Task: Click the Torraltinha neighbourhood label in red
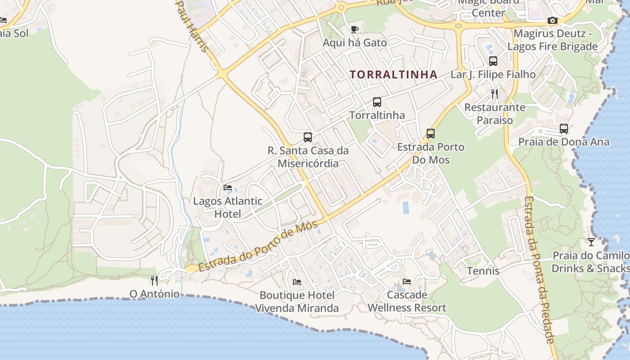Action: (394, 75)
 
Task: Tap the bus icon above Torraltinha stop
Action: (377, 102)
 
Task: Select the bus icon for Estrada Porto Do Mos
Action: (431, 134)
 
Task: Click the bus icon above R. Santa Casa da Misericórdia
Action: (308, 137)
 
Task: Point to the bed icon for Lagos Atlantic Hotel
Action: (228, 187)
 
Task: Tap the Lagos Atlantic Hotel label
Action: (228, 207)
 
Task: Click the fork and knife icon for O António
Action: (154, 281)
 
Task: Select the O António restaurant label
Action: (154, 294)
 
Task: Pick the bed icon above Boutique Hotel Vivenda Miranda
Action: (297, 282)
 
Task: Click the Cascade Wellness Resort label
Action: (407, 301)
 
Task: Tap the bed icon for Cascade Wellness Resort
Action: (407, 282)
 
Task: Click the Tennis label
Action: (483, 271)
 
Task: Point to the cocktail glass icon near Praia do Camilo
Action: (591, 242)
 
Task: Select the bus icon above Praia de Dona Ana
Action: (564, 129)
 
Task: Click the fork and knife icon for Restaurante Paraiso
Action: (495, 94)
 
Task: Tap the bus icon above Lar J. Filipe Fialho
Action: (493, 61)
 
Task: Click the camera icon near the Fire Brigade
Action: (553, 20)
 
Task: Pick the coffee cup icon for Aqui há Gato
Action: (355, 29)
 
